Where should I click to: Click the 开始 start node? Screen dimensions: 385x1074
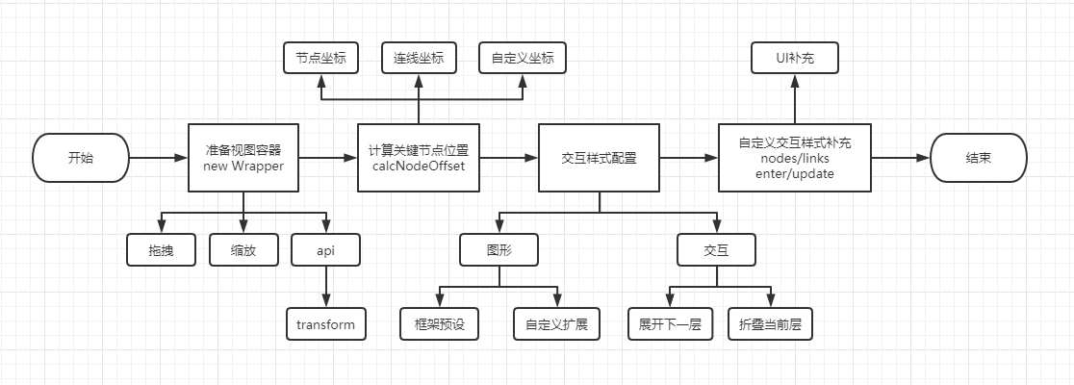[x=82, y=158]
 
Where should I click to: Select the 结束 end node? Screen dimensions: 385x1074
[x=980, y=158]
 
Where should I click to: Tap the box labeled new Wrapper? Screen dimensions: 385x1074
[x=243, y=158]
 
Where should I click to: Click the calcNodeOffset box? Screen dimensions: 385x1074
[x=418, y=158]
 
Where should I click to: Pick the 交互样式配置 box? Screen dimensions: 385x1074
[x=599, y=158]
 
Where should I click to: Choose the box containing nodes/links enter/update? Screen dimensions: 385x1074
[x=794, y=158]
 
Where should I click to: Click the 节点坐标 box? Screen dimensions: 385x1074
[x=320, y=59]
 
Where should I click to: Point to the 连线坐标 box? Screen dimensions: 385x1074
[x=419, y=59]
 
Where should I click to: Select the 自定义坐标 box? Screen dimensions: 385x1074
[x=523, y=59]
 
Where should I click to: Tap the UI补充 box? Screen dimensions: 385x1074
[x=795, y=59]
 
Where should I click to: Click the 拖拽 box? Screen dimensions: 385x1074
[x=162, y=250]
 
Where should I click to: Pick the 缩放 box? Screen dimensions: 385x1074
[x=243, y=250]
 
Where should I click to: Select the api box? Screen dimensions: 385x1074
[x=325, y=250]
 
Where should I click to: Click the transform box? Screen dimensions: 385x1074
[x=325, y=324]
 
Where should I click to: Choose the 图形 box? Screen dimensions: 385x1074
[x=499, y=250]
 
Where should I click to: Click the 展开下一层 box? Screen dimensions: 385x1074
[x=669, y=324]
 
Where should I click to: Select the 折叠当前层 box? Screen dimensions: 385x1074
[x=770, y=324]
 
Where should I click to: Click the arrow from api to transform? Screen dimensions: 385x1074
[x=325, y=287]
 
